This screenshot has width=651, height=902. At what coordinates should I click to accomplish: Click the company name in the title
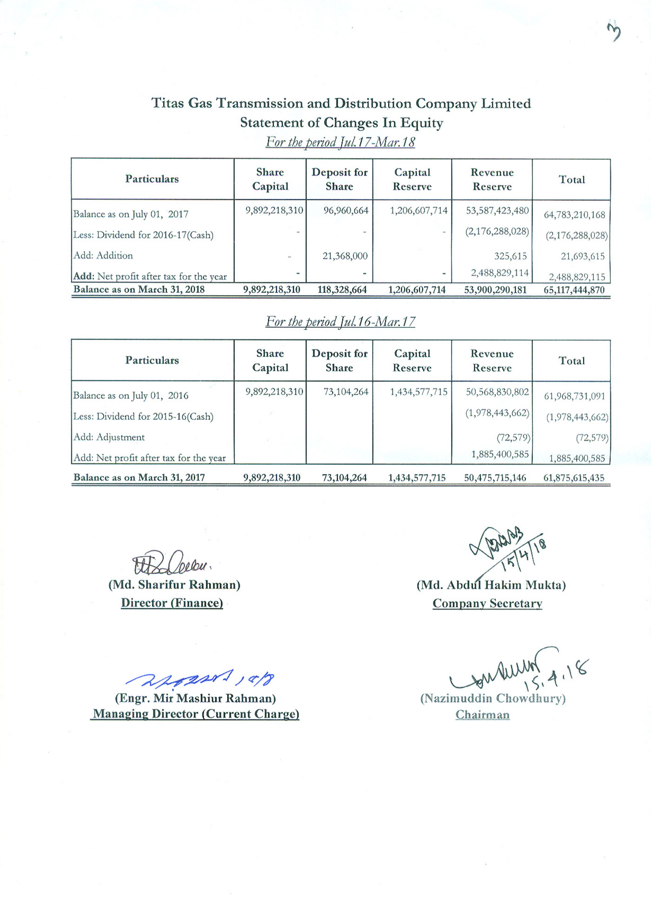click(x=341, y=103)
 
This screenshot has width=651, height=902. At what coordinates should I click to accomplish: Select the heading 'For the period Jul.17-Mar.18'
click(x=340, y=142)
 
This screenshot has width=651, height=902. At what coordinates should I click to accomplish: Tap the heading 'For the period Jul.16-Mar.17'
click(x=340, y=322)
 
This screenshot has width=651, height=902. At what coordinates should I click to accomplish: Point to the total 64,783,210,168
click(x=574, y=215)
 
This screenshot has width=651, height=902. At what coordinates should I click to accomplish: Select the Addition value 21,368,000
click(x=345, y=256)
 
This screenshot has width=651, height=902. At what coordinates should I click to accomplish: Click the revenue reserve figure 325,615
click(x=510, y=256)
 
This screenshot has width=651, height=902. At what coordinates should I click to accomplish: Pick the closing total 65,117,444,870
click(x=574, y=290)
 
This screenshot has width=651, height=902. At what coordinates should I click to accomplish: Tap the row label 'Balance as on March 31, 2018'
click(x=139, y=289)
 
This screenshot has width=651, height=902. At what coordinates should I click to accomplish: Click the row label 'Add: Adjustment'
click(x=109, y=437)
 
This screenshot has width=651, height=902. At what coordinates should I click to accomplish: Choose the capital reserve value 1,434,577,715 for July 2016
click(x=418, y=392)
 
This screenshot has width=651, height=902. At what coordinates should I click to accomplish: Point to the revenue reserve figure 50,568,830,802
click(x=497, y=392)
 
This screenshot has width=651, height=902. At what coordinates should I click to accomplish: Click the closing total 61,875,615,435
click(x=574, y=478)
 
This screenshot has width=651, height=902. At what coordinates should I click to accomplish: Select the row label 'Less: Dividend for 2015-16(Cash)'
click(x=143, y=416)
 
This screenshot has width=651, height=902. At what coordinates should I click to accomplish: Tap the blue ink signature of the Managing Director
click(x=200, y=680)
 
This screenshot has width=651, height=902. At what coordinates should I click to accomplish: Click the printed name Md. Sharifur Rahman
click(x=174, y=584)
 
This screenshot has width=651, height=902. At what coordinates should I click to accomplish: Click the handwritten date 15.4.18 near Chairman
click(x=556, y=674)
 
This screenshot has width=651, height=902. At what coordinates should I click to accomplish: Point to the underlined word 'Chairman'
click(x=482, y=715)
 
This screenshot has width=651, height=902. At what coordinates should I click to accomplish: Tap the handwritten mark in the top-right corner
click(x=614, y=33)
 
